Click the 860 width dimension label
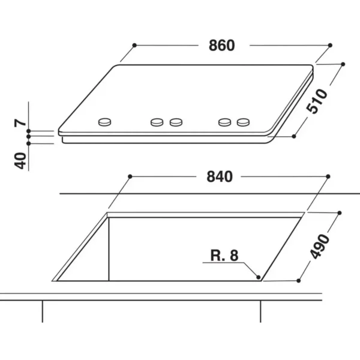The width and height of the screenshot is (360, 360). coord(222,46)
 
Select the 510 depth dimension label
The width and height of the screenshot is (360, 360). coord(317,101)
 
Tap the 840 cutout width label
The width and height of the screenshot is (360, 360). coord(220,177)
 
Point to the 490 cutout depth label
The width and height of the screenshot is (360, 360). coord(320,247)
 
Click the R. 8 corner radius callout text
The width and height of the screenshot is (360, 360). coord(224,256)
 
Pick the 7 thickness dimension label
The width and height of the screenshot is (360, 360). coord(20,123)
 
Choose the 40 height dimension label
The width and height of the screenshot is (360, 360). coord(20,161)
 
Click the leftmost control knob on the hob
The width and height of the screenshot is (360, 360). coord(104,122)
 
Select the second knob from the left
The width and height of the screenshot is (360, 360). coord(157,122)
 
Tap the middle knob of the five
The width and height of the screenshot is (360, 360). coord(176,122)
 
